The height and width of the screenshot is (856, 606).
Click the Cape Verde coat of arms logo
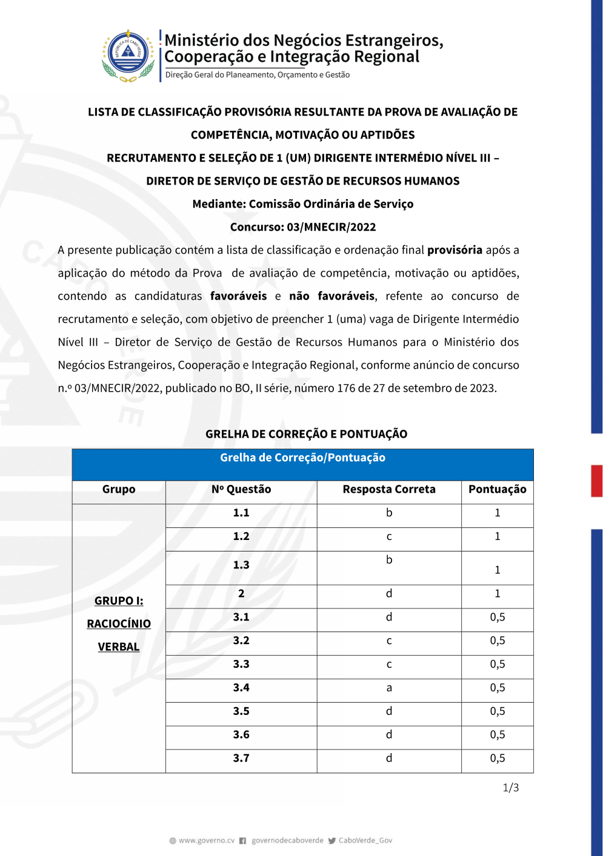pyautogui.click(x=128, y=55)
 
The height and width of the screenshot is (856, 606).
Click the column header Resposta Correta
pyautogui.click(x=389, y=489)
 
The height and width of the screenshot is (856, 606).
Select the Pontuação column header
pyautogui.click(x=497, y=489)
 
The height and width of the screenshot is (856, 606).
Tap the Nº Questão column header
pyautogui.click(x=241, y=489)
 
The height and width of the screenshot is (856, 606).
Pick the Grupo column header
pyautogui.click(x=119, y=489)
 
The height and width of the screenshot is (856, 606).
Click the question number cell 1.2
pyautogui.click(x=241, y=536)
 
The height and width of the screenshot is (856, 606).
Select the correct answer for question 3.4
pyautogui.click(x=389, y=688)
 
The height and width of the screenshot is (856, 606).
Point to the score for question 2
pyautogui.click(x=498, y=594)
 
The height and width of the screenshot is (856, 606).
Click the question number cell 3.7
pyautogui.click(x=241, y=758)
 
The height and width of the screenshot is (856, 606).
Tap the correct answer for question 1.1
pyautogui.click(x=389, y=513)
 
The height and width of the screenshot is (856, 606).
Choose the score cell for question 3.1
pyautogui.click(x=498, y=617)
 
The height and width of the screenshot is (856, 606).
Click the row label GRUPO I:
pyautogui.click(x=119, y=601)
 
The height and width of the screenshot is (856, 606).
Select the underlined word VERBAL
pyautogui.click(x=119, y=647)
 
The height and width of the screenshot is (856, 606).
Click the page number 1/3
pyautogui.click(x=511, y=788)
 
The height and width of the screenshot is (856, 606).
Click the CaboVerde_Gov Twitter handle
pyautogui.click(x=365, y=840)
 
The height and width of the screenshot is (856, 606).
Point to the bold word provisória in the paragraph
pyautogui.click(x=454, y=250)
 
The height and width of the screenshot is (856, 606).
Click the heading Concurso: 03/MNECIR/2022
pyautogui.click(x=303, y=227)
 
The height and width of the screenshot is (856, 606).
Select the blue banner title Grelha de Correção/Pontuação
pyautogui.click(x=302, y=458)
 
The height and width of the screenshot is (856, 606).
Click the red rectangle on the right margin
pyautogui.click(x=597, y=481)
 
